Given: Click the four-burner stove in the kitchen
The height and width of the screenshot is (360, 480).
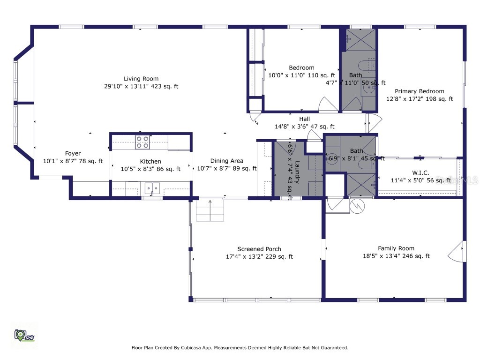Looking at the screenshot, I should point(142,142).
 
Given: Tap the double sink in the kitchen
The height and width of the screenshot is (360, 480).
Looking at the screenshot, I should point(152,188).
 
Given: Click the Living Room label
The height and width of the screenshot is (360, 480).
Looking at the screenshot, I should point(141,79).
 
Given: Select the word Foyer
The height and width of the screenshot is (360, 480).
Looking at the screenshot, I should point(73,153).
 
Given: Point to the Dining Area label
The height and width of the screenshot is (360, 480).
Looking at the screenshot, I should point(226,161).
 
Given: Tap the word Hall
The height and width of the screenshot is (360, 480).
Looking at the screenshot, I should point(305,119).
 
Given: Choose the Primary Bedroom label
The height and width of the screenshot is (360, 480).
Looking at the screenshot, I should point(419,91).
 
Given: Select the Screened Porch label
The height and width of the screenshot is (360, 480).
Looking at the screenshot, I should point(259,249).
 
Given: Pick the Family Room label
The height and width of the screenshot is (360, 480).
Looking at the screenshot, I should point(396,248).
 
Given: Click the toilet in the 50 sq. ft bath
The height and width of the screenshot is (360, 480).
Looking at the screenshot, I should point(364,66).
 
